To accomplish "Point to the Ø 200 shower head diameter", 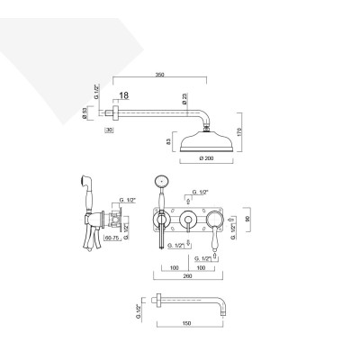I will [207, 159].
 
